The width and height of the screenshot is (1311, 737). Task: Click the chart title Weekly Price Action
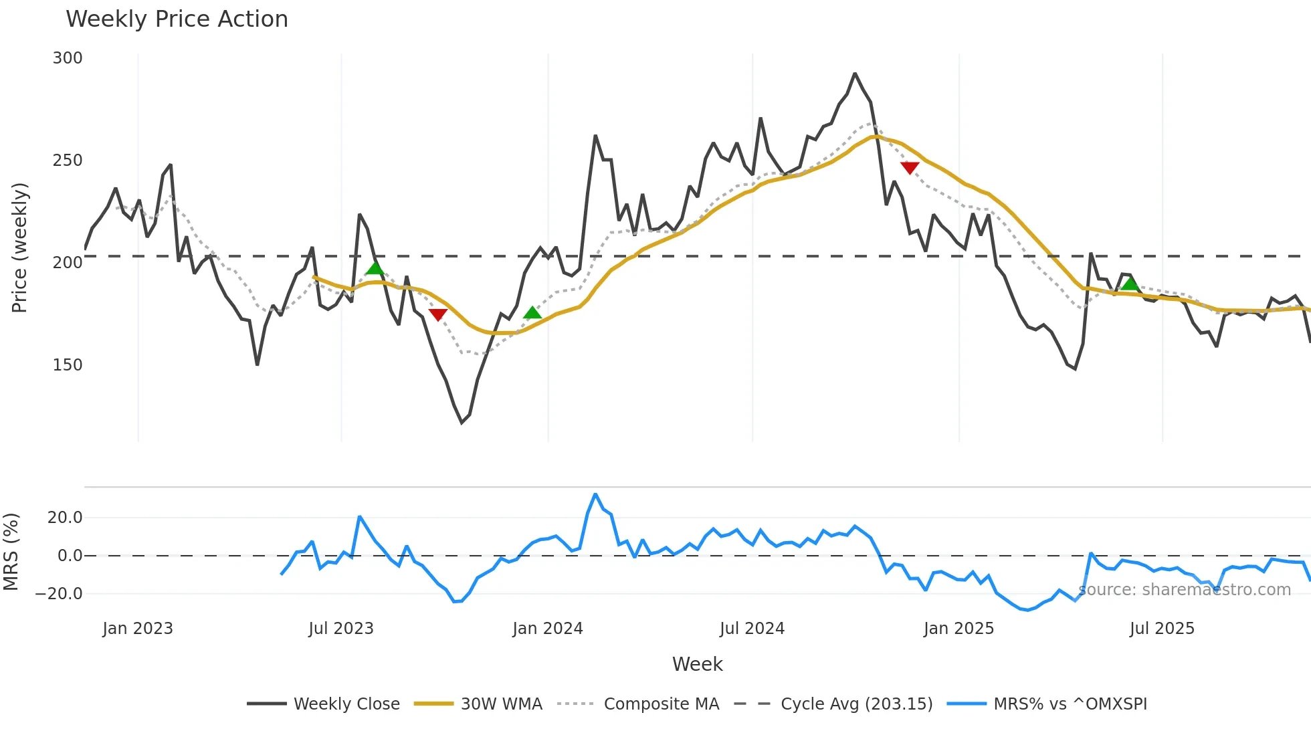click(x=177, y=19)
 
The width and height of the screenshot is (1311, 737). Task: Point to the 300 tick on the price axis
click(x=68, y=58)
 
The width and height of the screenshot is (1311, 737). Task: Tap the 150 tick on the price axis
click(x=68, y=365)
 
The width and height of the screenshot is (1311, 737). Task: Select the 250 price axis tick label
click(x=68, y=161)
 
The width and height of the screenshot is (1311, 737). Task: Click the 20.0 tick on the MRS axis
click(x=65, y=518)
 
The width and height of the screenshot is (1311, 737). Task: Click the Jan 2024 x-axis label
click(x=548, y=629)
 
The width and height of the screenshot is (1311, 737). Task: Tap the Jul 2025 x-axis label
click(x=1162, y=629)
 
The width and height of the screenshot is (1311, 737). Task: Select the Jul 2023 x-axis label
click(x=341, y=629)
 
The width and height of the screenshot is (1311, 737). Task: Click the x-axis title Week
click(x=697, y=664)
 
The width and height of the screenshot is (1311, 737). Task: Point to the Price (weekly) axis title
click(x=19, y=247)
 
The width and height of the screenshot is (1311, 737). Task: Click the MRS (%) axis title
click(x=11, y=552)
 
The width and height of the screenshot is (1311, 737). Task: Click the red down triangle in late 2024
click(x=910, y=167)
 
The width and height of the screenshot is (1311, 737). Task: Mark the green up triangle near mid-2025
click(x=1130, y=284)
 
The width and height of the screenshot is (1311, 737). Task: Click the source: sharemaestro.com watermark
click(x=1185, y=590)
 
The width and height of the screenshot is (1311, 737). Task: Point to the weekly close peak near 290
click(x=855, y=74)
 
